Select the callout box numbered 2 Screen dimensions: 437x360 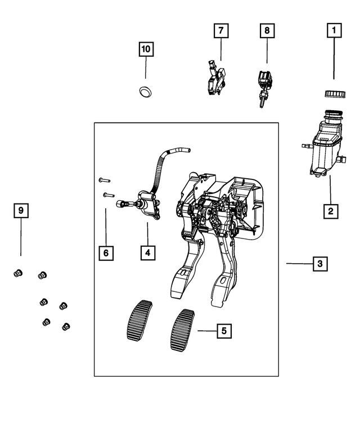point(330,211)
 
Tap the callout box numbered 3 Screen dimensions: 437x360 point(318,263)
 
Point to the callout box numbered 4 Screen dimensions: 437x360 point(147,253)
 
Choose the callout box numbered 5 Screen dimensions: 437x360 point(223,331)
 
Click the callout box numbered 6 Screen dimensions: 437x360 point(105,253)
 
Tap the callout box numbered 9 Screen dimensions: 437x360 point(21,211)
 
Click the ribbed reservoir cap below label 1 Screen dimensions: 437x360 point(334,93)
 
